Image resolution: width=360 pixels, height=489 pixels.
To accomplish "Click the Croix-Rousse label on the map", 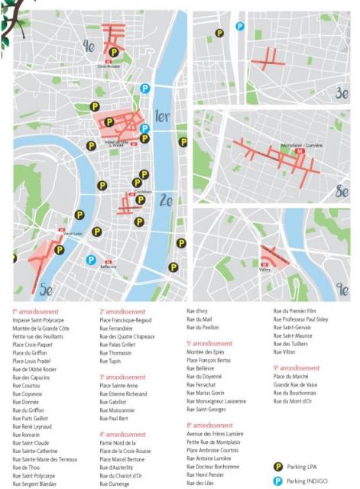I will click(x=109, y=66).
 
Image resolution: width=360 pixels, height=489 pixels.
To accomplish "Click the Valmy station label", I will click(x=265, y=269).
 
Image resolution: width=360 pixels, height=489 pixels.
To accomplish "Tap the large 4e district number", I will click(x=89, y=47).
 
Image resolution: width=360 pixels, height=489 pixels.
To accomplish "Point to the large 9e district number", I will click(x=342, y=290).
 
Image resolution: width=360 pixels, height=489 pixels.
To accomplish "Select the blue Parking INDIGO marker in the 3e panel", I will click(x=239, y=26).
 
